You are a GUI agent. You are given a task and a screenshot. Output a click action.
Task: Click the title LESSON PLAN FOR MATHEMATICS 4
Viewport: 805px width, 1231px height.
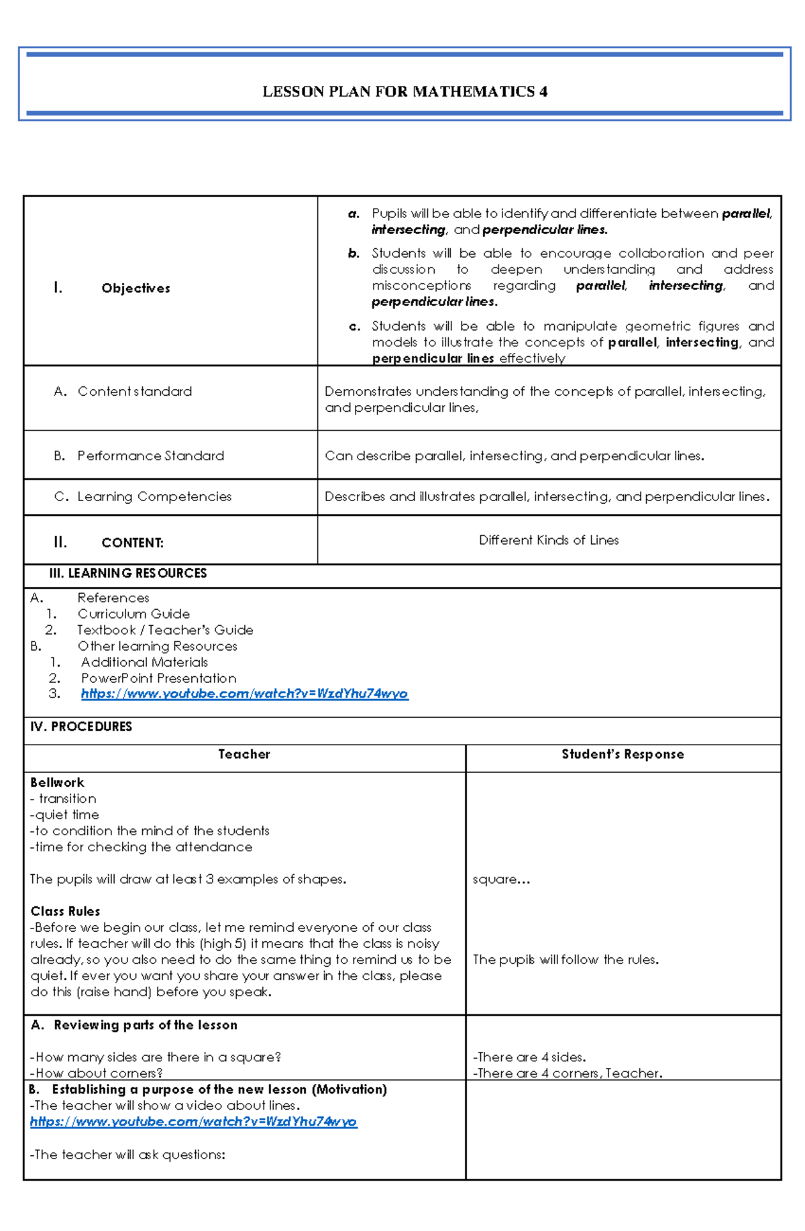click(405, 92)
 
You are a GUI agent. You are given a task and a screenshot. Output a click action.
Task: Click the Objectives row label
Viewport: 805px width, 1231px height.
click(136, 288)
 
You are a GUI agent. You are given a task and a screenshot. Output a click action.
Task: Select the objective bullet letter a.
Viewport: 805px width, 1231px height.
click(354, 214)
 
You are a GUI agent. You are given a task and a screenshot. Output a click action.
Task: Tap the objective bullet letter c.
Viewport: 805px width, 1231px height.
click(354, 327)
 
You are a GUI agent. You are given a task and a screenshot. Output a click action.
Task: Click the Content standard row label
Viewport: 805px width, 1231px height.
click(134, 391)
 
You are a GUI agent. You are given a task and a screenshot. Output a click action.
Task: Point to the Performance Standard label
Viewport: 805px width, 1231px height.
click(150, 456)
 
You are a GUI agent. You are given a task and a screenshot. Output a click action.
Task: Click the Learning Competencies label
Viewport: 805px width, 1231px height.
click(154, 496)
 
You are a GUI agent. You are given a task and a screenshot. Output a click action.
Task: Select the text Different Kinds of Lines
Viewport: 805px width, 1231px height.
click(548, 540)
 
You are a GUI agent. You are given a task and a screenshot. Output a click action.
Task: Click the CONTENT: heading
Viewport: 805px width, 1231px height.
click(132, 543)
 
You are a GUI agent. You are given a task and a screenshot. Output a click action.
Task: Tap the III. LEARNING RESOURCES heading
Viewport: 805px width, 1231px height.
click(127, 573)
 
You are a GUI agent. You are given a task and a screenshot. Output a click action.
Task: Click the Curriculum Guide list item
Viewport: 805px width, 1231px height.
click(133, 614)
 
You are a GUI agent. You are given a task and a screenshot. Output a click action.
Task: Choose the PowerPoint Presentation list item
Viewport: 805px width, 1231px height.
click(158, 678)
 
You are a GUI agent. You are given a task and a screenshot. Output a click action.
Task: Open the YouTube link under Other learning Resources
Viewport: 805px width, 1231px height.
click(244, 694)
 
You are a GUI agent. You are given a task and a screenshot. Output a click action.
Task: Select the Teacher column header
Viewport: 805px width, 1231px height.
click(244, 754)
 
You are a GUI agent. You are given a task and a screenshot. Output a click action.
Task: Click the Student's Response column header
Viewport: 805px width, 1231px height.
click(623, 754)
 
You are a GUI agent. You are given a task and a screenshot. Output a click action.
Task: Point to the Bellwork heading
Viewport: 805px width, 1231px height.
click(57, 782)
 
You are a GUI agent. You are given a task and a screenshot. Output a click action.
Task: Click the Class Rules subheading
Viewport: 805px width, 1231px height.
click(65, 911)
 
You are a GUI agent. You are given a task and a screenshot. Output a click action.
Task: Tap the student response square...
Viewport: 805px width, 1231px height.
click(500, 879)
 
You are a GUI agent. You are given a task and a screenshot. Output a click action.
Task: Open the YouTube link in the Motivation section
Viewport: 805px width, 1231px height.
click(193, 1122)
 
